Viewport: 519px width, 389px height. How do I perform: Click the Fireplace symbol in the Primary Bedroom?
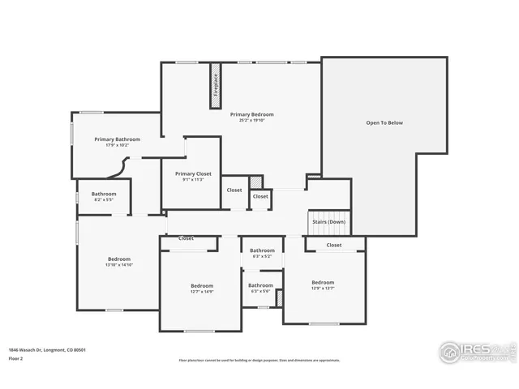(216, 83)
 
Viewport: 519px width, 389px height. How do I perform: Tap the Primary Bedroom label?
(251, 114)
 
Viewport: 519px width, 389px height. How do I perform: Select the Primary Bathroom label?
(117, 139)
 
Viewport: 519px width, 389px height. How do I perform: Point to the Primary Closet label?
(193, 173)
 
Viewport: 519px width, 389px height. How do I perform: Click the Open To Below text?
(384, 123)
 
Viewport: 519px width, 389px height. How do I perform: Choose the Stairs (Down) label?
(328, 221)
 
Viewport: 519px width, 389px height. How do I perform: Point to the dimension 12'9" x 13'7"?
(323, 288)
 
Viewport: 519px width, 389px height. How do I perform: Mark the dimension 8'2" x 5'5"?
(103, 199)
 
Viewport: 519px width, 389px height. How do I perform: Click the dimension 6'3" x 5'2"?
(261, 257)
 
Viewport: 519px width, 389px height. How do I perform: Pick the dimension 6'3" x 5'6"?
(260, 291)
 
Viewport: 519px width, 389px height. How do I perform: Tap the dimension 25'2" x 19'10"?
(251, 121)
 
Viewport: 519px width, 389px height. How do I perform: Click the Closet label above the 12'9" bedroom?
(334, 245)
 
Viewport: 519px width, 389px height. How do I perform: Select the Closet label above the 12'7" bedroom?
(186, 239)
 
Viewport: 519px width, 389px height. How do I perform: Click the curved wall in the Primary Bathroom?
(118, 167)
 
